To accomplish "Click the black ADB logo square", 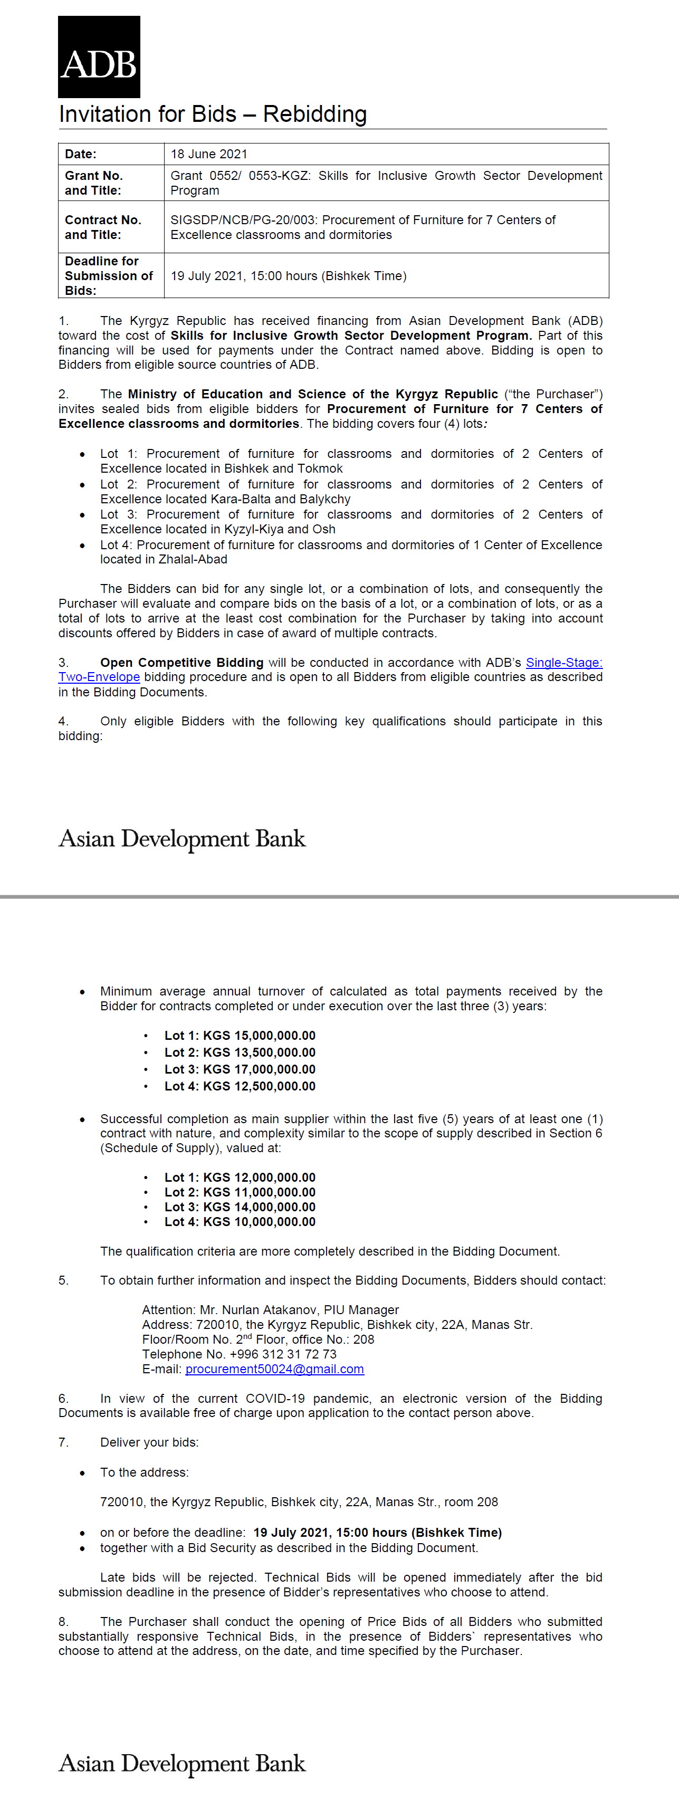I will [x=99, y=56].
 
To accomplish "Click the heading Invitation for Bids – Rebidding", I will [x=213, y=114].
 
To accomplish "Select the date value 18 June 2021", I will [x=209, y=154].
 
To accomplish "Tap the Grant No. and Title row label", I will [x=94, y=183].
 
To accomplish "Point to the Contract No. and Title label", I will [x=103, y=227].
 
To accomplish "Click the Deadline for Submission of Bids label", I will [x=109, y=275].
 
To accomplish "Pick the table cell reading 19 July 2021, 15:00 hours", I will [x=288, y=276].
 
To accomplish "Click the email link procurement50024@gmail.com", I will [x=274, y=1369].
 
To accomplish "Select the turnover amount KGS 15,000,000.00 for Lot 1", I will [x=259, y=1035].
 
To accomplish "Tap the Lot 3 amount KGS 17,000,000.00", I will [x=259, y=1069].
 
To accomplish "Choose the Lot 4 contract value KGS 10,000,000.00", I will [x=259, y=1222].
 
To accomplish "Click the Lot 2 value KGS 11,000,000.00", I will [x=259, y=1192].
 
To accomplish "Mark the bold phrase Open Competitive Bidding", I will [x=181, y=663].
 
